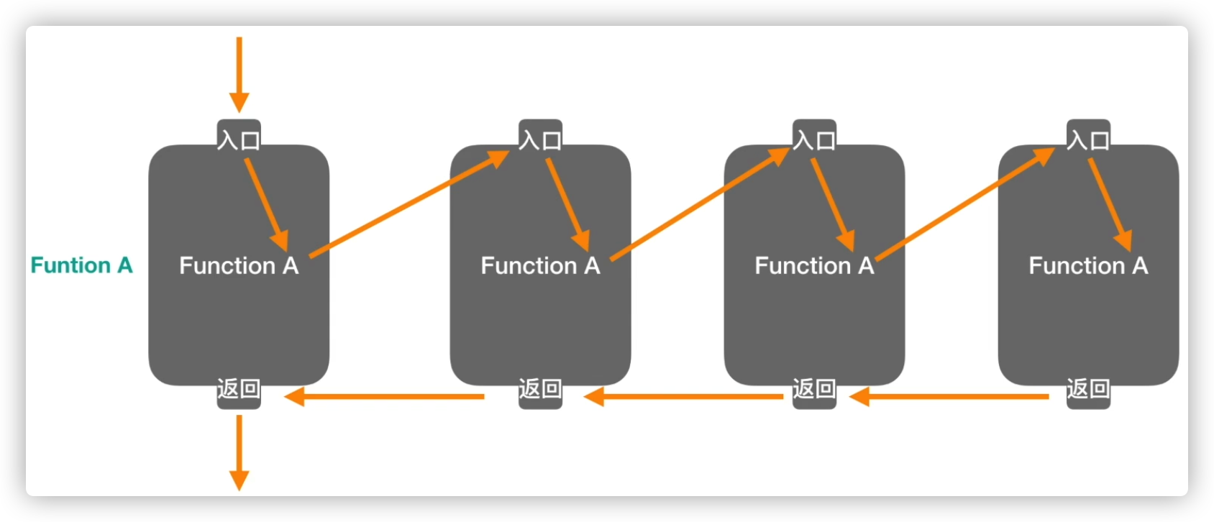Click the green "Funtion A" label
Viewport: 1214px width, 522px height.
81,265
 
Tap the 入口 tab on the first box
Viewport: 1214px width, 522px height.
239,138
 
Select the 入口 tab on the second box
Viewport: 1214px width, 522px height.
540,138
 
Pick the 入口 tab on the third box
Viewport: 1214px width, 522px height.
814,138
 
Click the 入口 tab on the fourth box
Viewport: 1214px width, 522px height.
1088,138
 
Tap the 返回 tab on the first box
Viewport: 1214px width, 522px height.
239,390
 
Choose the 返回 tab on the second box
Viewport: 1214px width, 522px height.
540,390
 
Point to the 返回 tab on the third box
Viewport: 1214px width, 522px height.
814,390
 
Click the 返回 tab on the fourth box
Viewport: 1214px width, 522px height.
1088,390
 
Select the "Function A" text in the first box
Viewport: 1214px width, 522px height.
239,266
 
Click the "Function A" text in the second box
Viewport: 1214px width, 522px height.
540,266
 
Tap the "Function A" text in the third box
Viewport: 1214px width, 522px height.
814,266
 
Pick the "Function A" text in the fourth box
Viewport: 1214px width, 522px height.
1088,266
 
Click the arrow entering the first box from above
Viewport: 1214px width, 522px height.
239,72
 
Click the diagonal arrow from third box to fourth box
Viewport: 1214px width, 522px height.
964,204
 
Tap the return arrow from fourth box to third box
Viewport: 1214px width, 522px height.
949,396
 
